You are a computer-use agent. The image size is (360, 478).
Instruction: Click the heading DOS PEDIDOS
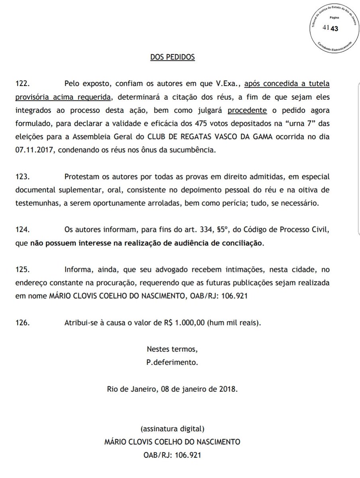pos(172,57)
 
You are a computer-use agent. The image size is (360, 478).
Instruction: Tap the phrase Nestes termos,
pos(172,350)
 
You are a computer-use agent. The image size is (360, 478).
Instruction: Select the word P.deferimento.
pos(172,363)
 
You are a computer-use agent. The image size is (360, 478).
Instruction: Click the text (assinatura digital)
pos(172,429)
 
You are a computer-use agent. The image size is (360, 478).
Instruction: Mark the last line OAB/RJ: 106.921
pos(172,455)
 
